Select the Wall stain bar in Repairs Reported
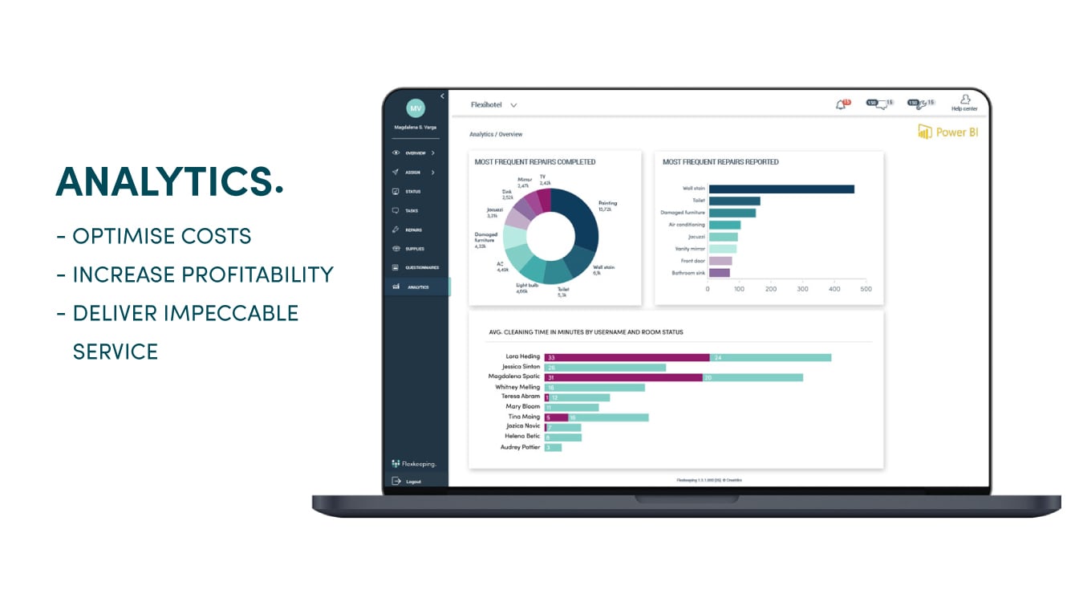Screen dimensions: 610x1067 781,189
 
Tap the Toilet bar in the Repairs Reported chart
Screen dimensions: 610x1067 734,201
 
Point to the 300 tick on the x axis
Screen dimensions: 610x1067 802,289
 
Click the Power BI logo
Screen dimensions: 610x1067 947,132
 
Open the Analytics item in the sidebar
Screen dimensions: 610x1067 418,287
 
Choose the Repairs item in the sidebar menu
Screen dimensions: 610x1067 413,230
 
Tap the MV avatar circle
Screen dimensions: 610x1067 416,108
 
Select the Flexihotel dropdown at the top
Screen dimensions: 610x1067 493,105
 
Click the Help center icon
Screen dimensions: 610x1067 964,103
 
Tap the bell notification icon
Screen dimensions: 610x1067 841,104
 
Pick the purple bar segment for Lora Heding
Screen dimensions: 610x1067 627,357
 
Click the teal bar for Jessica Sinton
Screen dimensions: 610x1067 605,368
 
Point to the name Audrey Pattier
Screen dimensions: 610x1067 520,447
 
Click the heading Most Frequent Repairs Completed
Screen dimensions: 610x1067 534,162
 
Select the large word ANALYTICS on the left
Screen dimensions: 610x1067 169,182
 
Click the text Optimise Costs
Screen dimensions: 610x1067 161,236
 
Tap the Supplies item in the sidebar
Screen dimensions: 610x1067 414,249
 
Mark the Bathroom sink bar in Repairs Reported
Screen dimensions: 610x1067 719,273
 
